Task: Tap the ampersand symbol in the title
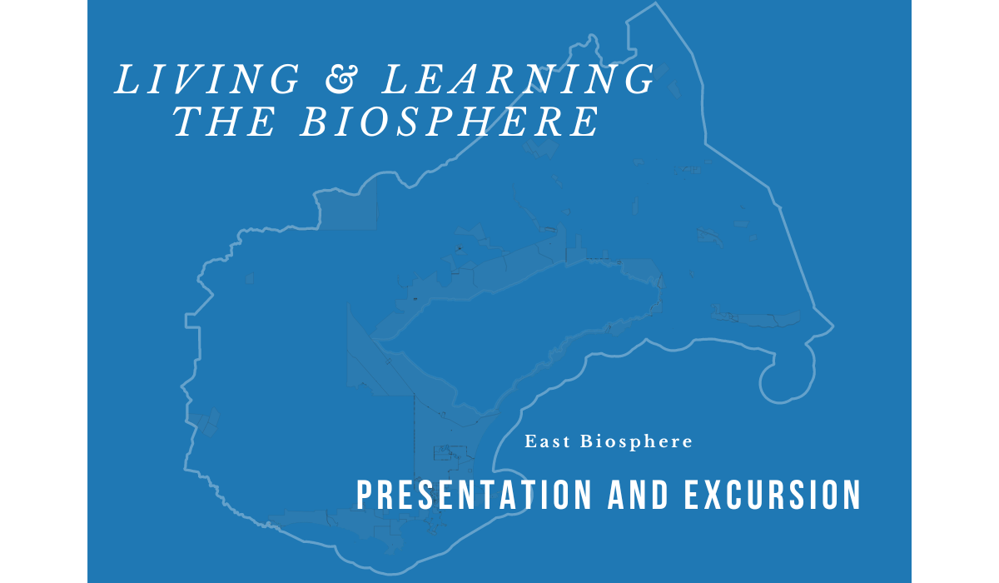coord(341,79)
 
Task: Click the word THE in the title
coord(224,122)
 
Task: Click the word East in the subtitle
coord(547,441)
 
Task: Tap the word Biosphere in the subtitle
coord(636,442)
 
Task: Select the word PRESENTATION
coord(474,494)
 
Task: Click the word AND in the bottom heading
coord(638,494)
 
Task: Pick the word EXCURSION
coord(773,494)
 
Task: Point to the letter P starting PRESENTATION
coord(365,494)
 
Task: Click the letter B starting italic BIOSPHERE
coord(315,122)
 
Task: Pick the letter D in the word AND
coord(660,494)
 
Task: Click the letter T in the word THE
coord(190,122)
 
